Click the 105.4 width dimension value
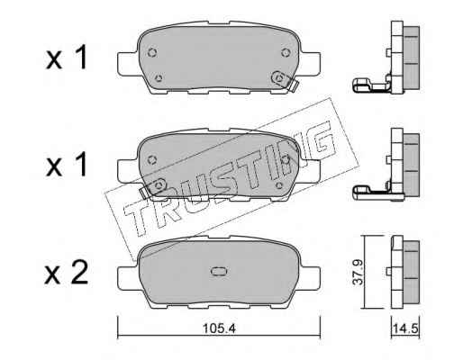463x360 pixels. pos(219,328)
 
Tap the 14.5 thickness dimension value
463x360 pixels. pos(406,328)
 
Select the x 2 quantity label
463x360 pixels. pos(67,273)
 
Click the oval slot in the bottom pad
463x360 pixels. pos(219,271)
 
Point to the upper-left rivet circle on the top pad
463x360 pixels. pos(152,53)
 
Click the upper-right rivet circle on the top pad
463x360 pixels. pos(286,53)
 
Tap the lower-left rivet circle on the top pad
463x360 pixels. pos(159,78)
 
